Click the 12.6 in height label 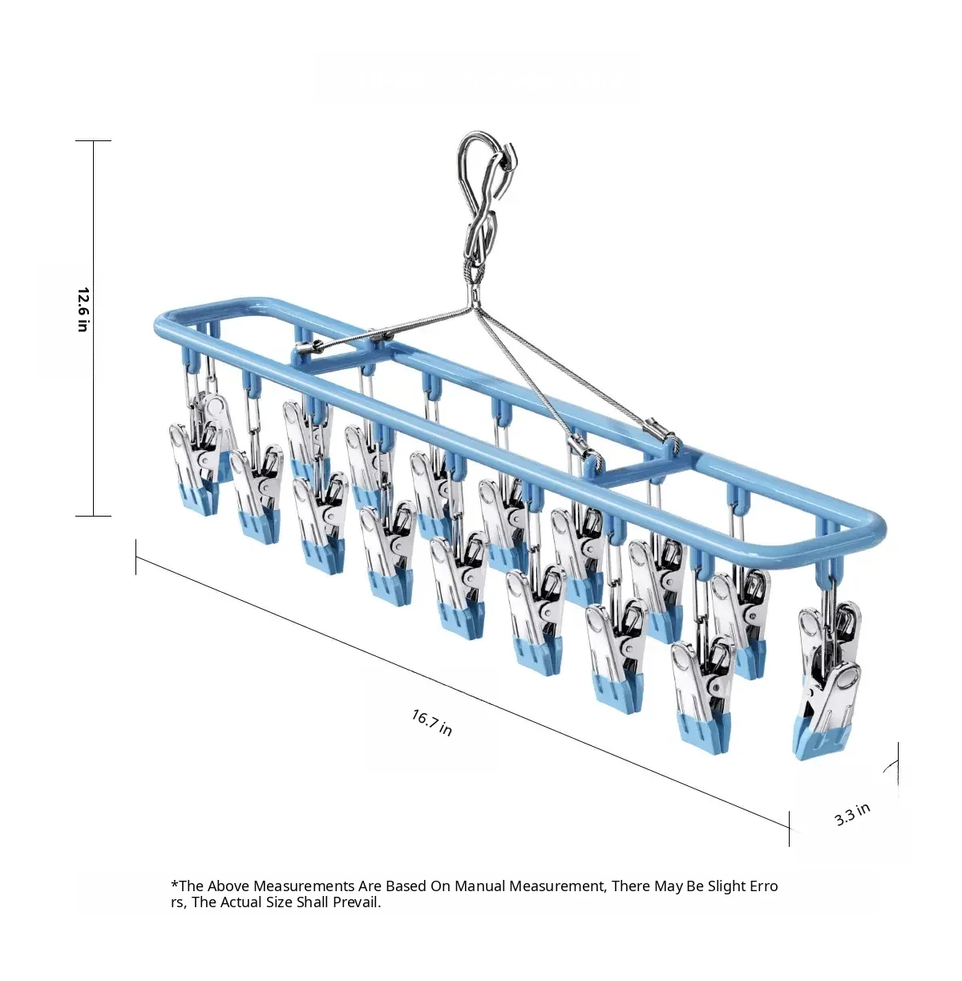[83, 309]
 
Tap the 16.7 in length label [431, 723]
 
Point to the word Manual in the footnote [480, 886]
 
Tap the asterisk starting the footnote [175, 885]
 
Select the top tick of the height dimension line [93, 140]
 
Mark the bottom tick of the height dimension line [93, 516]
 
